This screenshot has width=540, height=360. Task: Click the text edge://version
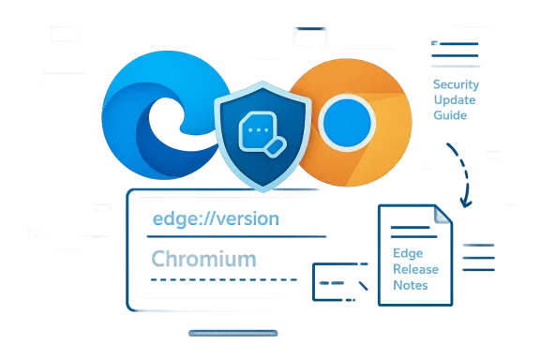216,218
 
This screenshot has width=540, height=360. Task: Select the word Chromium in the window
202,258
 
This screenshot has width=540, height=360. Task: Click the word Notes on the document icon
410,285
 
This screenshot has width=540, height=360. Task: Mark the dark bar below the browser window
232,330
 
